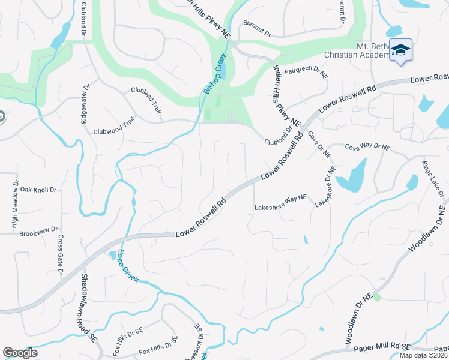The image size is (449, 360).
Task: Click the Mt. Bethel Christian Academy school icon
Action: coord(400,50)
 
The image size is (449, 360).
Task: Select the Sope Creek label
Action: coord(128,266)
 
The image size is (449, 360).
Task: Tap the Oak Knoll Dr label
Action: coord(38,189)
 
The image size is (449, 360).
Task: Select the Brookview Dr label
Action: coord(38,230)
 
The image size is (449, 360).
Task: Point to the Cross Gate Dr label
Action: coord(61,254)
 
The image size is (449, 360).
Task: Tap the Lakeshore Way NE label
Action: coord(280,208)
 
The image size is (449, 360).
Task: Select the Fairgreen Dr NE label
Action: coord(306,70)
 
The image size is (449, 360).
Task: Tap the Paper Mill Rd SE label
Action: coord(382,347)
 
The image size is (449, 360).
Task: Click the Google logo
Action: coord(20,353)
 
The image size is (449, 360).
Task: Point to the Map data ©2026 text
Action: coord(423,355)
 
